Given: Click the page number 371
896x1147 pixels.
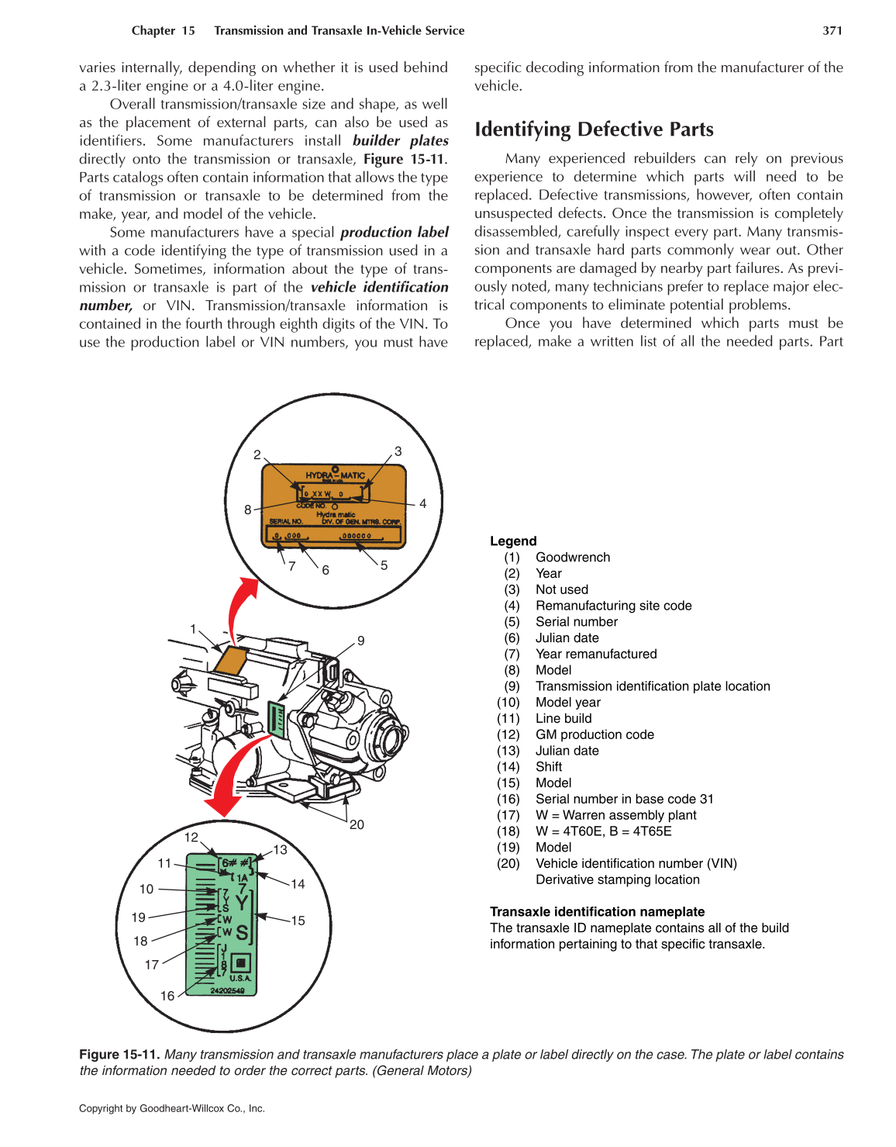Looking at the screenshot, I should [x=832, y=31].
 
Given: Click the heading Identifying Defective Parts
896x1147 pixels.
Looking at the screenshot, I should [x=594, y=130].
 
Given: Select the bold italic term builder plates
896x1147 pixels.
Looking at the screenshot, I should [x=400, y=140].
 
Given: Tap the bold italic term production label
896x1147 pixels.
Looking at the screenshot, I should [x=394, y=232].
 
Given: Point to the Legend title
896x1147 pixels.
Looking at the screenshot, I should [x=512, y=541].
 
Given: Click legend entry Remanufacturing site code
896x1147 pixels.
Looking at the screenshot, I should [x=613, y=606].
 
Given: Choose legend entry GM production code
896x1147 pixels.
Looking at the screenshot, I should [x=594, y=734].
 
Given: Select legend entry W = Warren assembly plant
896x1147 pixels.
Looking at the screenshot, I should [x=615, y=815].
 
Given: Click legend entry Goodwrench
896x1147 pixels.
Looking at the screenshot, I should [x=572, y=558].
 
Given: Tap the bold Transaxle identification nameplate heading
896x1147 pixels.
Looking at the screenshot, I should [x=597, y=912].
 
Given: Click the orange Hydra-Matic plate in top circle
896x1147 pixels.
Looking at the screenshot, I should [x=334, y=506].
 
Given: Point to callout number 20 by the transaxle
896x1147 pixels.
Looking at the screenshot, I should [x=357, y=824].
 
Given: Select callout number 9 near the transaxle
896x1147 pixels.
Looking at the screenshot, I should [x=360, y=641].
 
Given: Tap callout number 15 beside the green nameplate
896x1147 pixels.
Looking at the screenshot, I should [x=298, y=921].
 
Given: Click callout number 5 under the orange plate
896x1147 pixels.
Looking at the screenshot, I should [x=384, y=565].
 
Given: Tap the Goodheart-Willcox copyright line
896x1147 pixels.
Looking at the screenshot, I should [x=172, y=1108].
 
